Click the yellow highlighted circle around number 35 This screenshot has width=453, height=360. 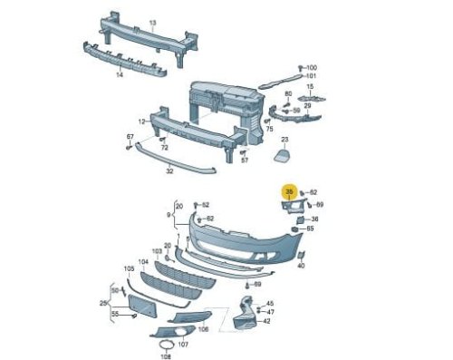(x=290, y=191)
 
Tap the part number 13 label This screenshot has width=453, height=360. (x=153, y=23)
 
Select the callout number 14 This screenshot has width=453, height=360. (x=120, y=74)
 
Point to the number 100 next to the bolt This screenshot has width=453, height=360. (x=312, y=68)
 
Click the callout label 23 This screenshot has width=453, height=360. (x=284, y=140)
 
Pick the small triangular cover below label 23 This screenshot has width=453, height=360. (x=282, y=154)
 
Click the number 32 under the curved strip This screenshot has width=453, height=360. (x=169, y=171)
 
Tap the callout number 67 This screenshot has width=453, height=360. (x=130, y=137)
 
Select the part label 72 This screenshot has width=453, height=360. (x=164, y=148)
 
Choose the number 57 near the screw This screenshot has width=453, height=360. (x=245, y=161)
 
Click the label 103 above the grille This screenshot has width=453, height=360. (x=157, y=251)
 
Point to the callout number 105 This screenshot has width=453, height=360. (x=129, y=268)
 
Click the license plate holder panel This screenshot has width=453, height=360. (x=142, y=306)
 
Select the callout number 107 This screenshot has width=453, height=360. (x=183, y=345)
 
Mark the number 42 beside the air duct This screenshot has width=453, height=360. (x=266, y=321)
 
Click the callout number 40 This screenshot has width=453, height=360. (x=301, y=266)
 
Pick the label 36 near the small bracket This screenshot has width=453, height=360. (x=314, y=219)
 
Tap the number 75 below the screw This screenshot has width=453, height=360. (x=269, y=129)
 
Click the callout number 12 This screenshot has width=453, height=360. (x=142, y=122)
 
